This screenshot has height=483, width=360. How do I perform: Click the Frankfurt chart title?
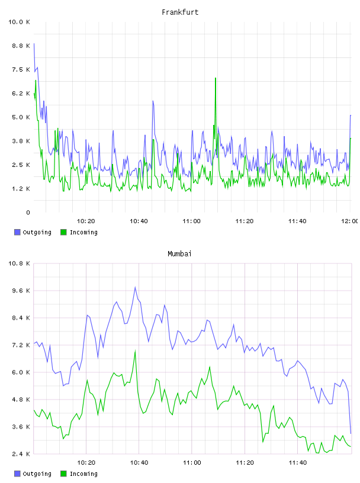tap(180, 12)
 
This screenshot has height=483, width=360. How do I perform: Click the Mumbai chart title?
tap(179, 253)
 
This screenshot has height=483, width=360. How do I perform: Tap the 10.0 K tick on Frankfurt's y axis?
tap(19, 22)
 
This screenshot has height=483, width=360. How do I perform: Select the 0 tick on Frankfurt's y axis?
tap(28, 212)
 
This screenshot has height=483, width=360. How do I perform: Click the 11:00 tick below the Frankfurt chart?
tap(191, 221)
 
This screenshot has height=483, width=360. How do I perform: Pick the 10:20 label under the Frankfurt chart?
tap(86, 221)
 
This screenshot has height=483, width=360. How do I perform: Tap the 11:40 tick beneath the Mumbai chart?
tap(298, 463)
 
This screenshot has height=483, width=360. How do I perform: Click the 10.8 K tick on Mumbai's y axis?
tap(19, 263)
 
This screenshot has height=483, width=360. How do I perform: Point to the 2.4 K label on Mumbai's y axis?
tap(21, 454)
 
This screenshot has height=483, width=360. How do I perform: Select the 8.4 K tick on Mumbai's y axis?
tap(21, 318)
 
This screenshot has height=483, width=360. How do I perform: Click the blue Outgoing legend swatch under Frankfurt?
tap(17, 232)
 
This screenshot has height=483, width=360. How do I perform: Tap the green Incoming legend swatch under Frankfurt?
tap(63, 232)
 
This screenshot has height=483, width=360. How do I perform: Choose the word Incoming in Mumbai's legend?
tap(83, 474)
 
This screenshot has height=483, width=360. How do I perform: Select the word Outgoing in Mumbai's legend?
tap(37, 474)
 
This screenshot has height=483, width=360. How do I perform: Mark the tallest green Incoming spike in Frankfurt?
tap(216, 78)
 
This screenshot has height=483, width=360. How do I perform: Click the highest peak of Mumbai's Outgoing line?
tap(135, 287)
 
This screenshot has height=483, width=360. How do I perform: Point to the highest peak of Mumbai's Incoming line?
tap(135, 350)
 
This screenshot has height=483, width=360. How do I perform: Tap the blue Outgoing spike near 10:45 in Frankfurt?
tap(153, 101)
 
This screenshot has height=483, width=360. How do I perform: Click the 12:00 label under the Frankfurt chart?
tap(349, 221)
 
